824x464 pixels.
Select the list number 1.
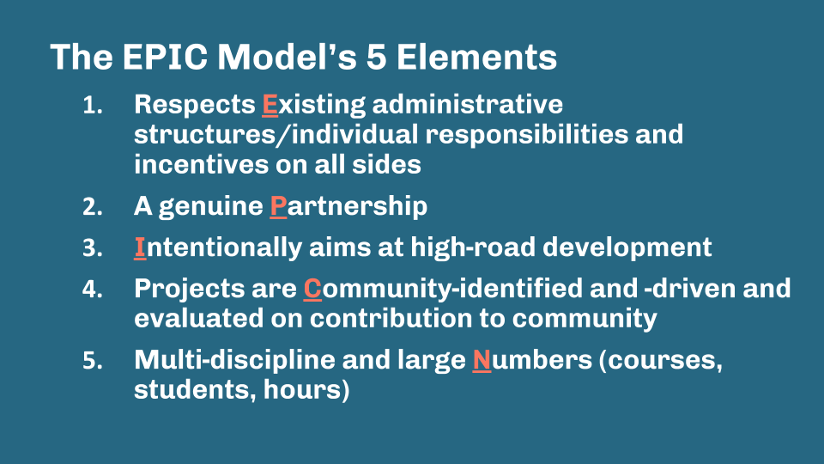[x=91, y=106]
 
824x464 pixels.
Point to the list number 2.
[x=91, y=207]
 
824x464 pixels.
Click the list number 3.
[x=91, y=248]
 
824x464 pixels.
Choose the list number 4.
[x=91, y=290]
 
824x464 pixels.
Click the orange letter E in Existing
[x=270, y=105]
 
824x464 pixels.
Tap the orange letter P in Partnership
[x=277, y=206]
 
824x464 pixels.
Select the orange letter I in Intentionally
[x=139, y=247]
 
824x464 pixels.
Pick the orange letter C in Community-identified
[x=312, y=289]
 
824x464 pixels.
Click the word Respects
[x=194, y=105]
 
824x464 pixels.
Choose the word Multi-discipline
[x=233, y=361]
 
